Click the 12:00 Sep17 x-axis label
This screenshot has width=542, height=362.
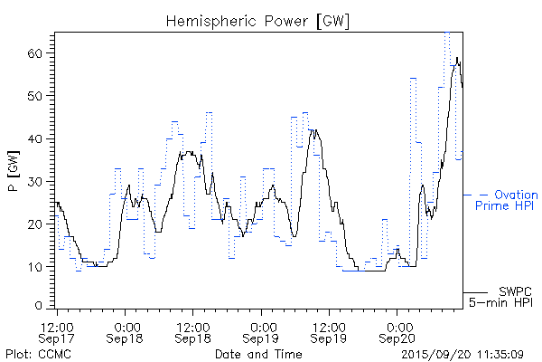tap(57, 331)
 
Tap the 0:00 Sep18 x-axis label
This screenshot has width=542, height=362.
tap(126, 331)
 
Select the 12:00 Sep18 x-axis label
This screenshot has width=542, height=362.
tap(193, 331)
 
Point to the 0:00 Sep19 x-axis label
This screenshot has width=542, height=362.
tap(262, 331)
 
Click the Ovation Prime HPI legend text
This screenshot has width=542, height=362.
tap(512, 200)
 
